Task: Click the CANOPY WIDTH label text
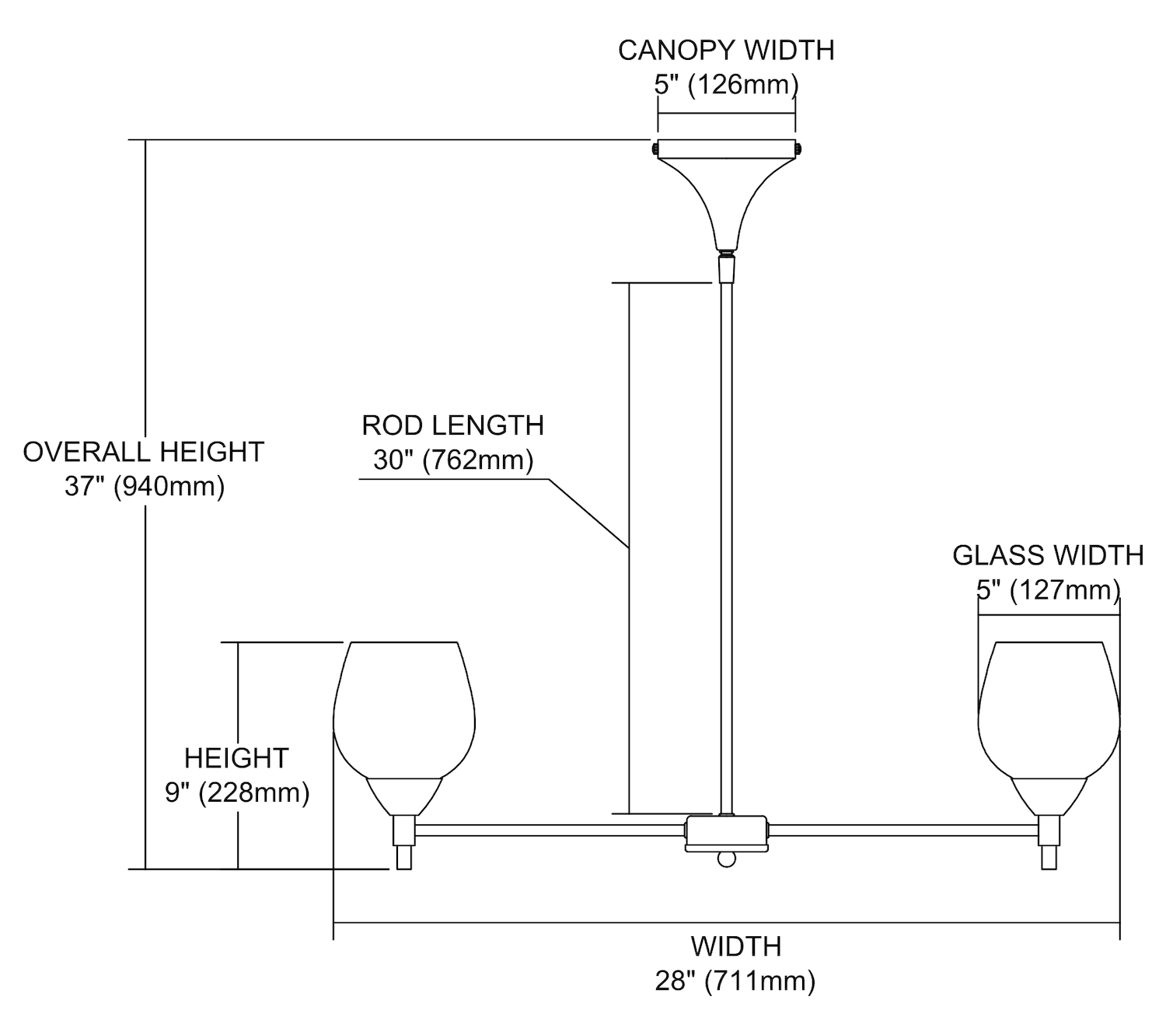(x=726, y=51)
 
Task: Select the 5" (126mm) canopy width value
(x=726, y=84)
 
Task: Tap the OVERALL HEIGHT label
(x=144, y=452)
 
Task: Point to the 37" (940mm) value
(x=145, y=487)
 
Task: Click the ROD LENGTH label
(x=452, y=425)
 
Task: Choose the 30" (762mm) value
(x=452, y=460)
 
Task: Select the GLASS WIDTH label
(x=1048, y=555)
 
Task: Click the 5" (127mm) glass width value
(x=1048, y=590)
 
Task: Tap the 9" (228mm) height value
(x=237, y=792)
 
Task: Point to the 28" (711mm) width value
(x=735, y=981)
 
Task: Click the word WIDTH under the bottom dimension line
(x=735, y=946)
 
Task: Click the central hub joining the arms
(x=726, y=832)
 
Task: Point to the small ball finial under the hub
(x=726, y=859)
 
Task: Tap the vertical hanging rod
(x=726, y=544)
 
